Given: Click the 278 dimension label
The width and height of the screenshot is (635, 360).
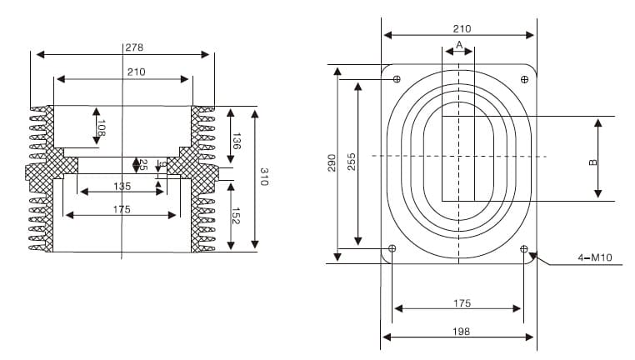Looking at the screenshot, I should (134, 47).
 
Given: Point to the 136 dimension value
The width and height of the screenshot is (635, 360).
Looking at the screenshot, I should (237, 141).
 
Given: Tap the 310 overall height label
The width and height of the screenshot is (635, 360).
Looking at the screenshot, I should (264, 177).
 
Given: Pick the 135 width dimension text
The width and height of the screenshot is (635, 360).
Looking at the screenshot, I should (122, 185).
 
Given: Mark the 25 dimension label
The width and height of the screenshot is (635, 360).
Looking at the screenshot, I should (142, 165).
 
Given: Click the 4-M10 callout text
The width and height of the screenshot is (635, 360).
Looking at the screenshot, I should (595, 258).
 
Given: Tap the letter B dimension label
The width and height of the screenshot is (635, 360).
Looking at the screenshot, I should (592, 162).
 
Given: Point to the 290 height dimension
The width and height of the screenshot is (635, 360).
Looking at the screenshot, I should (331, 162).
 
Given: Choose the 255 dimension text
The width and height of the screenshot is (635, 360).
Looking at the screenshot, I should (352, 162).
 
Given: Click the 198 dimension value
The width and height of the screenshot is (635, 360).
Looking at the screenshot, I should (461, 331).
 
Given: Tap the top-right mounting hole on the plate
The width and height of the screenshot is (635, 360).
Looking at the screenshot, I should (524, 80).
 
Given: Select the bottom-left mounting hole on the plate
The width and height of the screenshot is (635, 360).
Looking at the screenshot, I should (393, 249).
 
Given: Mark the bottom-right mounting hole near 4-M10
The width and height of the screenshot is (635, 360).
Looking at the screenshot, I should (524, 249).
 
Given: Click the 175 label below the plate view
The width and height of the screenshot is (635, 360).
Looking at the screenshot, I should (462, 303).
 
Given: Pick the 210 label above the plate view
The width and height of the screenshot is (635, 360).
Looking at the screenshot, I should (462, 28).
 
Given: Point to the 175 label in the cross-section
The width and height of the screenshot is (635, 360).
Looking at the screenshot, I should (122, 209).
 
